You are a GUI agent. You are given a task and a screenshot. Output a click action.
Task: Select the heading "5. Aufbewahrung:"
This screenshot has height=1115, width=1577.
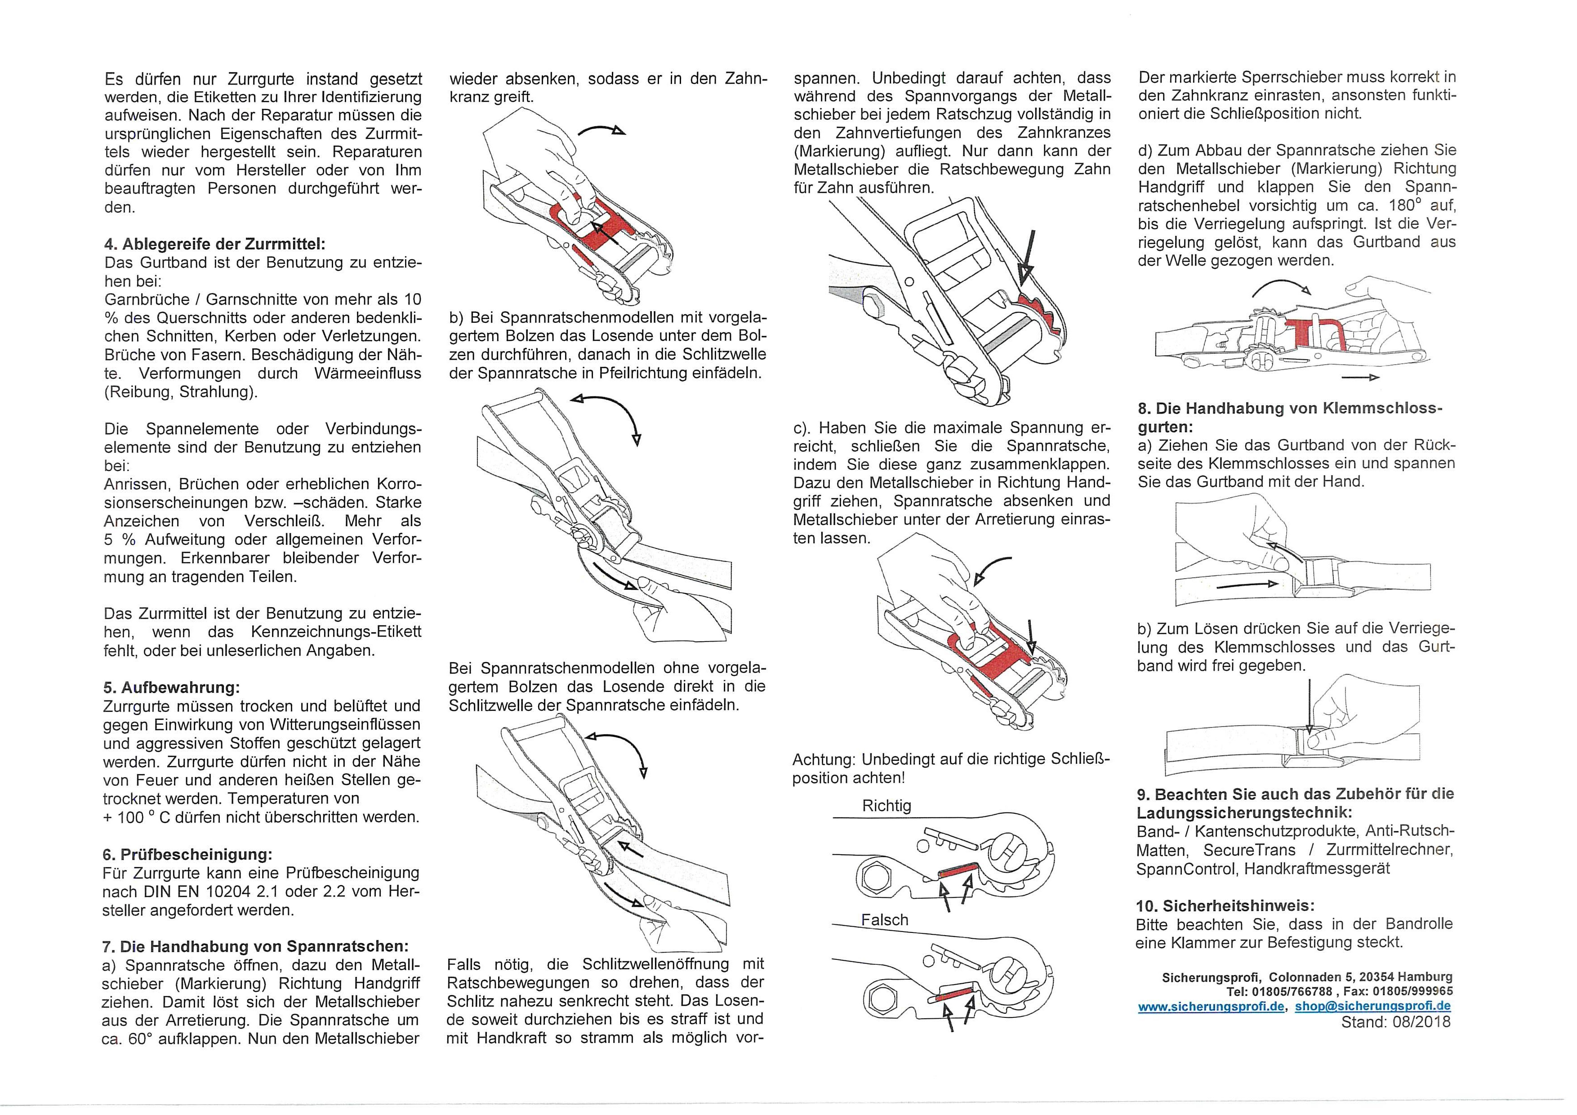[x=171, y=688]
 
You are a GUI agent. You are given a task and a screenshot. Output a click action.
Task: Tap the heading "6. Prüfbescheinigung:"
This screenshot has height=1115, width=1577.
[x=187, y=855]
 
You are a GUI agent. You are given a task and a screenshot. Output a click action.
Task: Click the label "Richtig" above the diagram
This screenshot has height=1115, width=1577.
[x=886, y=806]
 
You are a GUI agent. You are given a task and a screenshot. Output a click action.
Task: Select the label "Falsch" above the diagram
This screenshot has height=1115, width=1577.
[x=885, y=920]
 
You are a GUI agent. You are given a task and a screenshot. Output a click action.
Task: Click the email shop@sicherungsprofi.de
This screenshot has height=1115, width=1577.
[x=1372, y=1007]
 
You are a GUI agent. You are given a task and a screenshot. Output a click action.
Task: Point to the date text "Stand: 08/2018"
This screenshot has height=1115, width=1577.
[x=1396, y=1022]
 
